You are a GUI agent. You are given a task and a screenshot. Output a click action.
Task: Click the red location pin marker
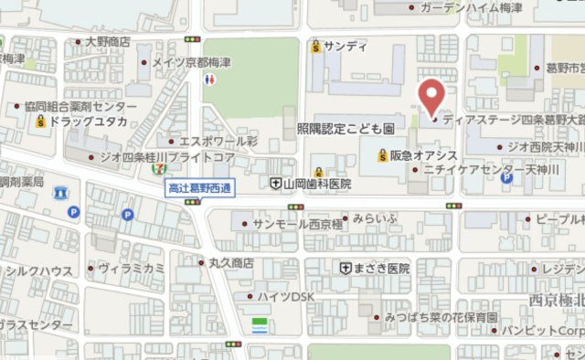431,97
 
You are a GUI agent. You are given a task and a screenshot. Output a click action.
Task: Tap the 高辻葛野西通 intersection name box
198,188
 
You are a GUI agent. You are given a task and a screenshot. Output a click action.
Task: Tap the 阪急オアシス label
423,155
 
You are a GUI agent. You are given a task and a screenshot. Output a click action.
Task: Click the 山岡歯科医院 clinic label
318,185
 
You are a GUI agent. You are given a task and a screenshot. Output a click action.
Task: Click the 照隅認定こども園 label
346,129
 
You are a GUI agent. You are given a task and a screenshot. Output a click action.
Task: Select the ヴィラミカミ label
131,268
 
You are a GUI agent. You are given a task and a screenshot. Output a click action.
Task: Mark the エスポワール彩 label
218,142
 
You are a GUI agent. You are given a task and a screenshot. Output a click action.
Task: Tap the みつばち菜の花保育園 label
441,317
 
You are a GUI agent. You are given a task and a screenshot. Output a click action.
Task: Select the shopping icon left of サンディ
316,46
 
